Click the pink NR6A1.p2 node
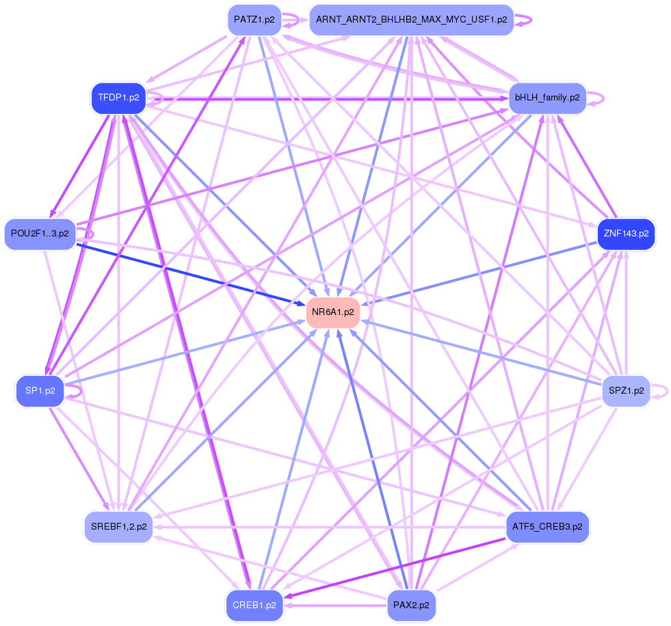click(x=333, y=312)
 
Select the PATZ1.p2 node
click(x=254, y=20)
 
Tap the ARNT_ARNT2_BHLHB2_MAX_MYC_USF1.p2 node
click(x=411, y=20)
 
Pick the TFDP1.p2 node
click(x=118, y=98)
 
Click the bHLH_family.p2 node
click(x=547, y=98)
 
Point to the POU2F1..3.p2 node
click(x=40, y=234)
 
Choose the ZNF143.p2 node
click(x=626, y=234)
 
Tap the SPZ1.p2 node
click(x=626, y=391)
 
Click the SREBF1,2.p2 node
click(x=118, y=527)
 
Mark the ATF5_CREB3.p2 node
click(x=547, y=527)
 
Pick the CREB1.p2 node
click(x=254, y=605)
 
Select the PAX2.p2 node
click(x=411, y=605)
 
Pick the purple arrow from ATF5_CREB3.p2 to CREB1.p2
click(x=397, y=567)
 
